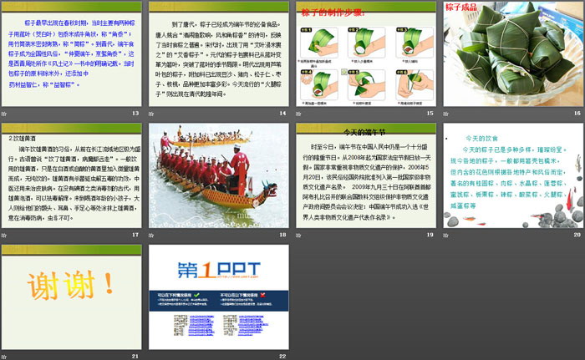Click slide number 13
135,113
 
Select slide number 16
576,113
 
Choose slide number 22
282,356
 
